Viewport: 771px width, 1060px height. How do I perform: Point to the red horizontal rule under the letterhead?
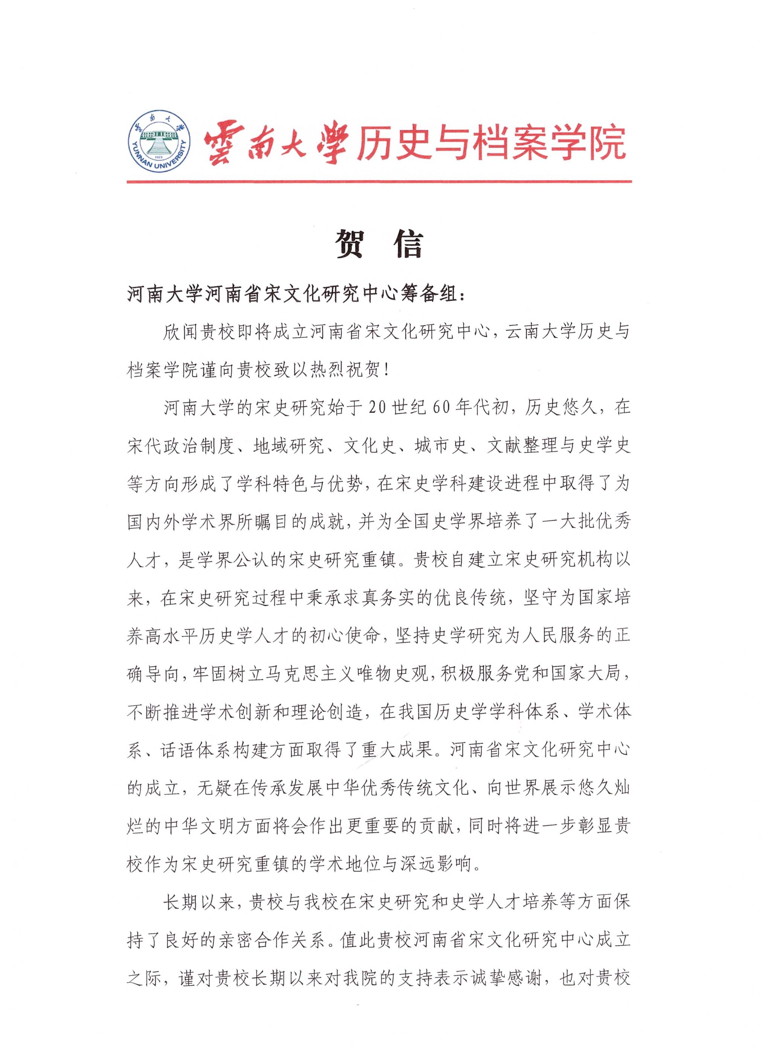[379, 181]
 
